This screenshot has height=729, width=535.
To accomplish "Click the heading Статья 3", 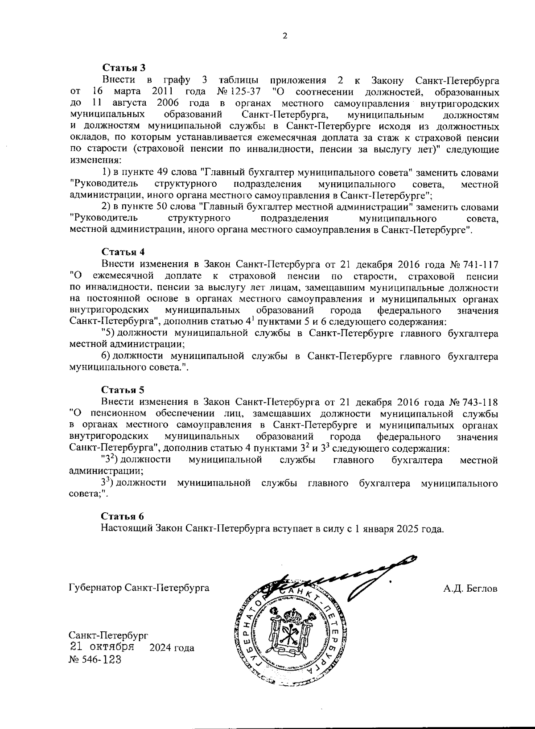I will pyautogui.click(x=124, y=68).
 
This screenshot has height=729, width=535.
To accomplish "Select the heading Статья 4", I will pyautogui.click(x=123, y=253).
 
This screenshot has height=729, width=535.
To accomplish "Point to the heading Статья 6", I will pyautogui.click(x=123, y=517).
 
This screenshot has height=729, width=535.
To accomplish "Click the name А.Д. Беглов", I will pyautogui.click(x=470, y=588).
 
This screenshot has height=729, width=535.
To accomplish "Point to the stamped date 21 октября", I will pyautogui.click(x=102, y=647).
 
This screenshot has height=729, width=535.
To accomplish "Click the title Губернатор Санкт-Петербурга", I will pyautogui.click(x=139, y=588).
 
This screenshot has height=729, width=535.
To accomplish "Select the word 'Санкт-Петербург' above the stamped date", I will pyautogui.click(x=108, y=635).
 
